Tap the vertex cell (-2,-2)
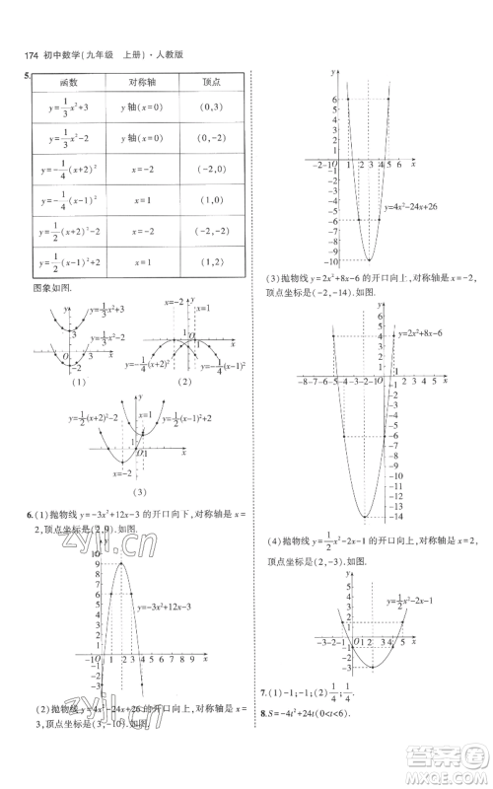[210, 232]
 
